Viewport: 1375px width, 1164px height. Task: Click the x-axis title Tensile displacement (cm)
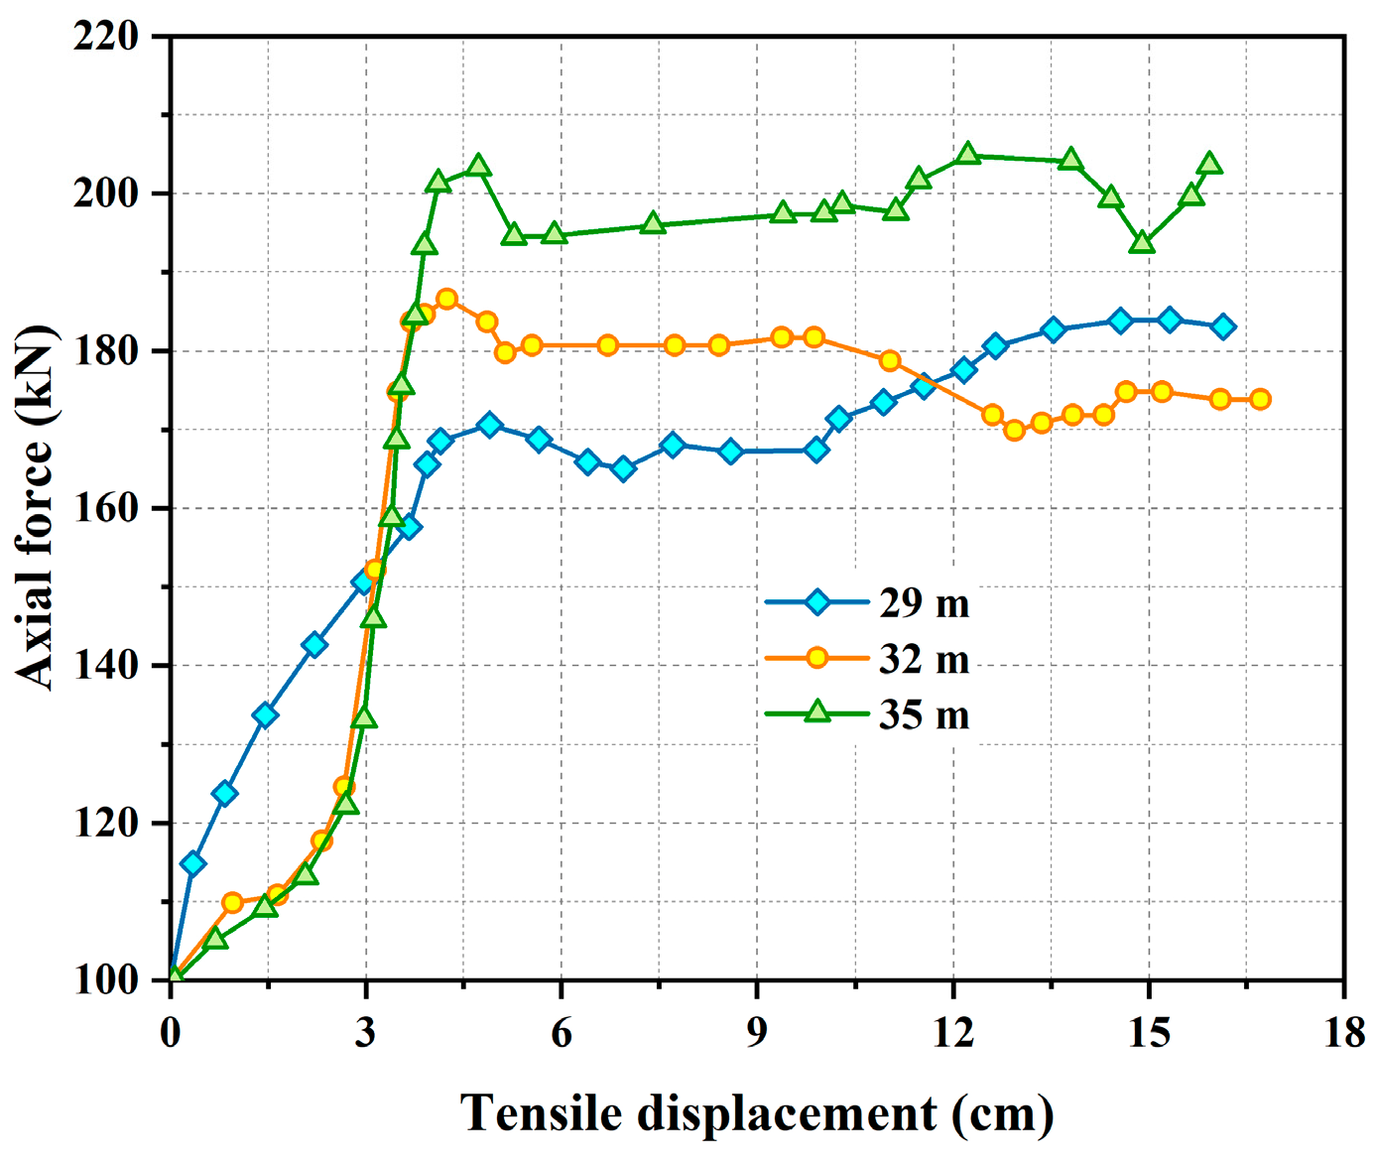tap(756, 1113)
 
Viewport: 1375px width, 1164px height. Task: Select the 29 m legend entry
tap(923, 602)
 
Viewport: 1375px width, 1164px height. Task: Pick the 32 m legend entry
tap(923, 659)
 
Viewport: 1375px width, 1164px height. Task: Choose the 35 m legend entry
tap(923, 714)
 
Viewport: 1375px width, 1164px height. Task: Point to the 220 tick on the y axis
tap(105, 37)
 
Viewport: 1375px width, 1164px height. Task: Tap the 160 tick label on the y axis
tap(105, 509)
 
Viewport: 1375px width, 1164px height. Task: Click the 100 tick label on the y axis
tap(105, 980)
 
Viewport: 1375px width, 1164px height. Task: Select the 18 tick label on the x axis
tap(1343, 1033)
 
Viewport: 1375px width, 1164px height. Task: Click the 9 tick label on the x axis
tap(757, 1033)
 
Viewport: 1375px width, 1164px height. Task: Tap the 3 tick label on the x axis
tap(366, 1033)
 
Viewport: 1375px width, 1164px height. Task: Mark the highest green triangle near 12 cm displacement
tap(968, 155)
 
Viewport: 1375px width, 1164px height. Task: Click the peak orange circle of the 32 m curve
tap(446, 299)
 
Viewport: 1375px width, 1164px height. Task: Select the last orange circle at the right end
tap(1260, 399)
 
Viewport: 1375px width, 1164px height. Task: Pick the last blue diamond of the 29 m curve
tap(1223, 326)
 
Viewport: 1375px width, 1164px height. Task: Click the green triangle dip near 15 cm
tap(1142, 242)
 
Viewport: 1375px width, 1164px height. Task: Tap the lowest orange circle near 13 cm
tap(1014, 430)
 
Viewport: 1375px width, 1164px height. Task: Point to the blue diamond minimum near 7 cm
tap(623, 469)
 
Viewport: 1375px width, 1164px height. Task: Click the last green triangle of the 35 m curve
tap(1209, 164)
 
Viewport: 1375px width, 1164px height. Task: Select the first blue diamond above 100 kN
tap(193, 864)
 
